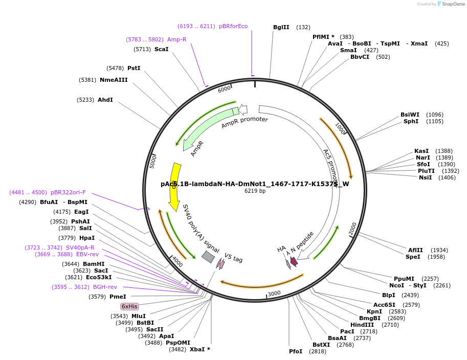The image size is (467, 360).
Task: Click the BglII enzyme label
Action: pos(281,27)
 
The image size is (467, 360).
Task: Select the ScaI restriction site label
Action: pos(161,49)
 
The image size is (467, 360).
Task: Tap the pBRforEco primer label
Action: pos(233,26)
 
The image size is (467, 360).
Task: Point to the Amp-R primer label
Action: pos(176,39)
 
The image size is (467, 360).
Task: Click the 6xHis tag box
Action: pos(129,306)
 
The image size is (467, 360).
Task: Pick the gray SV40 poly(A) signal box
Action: pos(208,257)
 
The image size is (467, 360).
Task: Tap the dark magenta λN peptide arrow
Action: pos(294,261)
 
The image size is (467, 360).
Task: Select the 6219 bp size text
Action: pos(255,191)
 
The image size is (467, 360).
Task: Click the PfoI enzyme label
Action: pos(296,351)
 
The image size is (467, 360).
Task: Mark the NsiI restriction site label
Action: pos(425,177)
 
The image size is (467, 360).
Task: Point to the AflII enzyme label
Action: pos(415,250)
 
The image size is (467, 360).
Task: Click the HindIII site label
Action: pos(362,325)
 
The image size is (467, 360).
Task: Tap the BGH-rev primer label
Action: pos(105,287)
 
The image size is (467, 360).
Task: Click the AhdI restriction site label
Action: pos(105,100)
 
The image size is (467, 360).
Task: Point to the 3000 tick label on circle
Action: pos(275,293)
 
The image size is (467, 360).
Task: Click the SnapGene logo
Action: pos(448,4)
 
